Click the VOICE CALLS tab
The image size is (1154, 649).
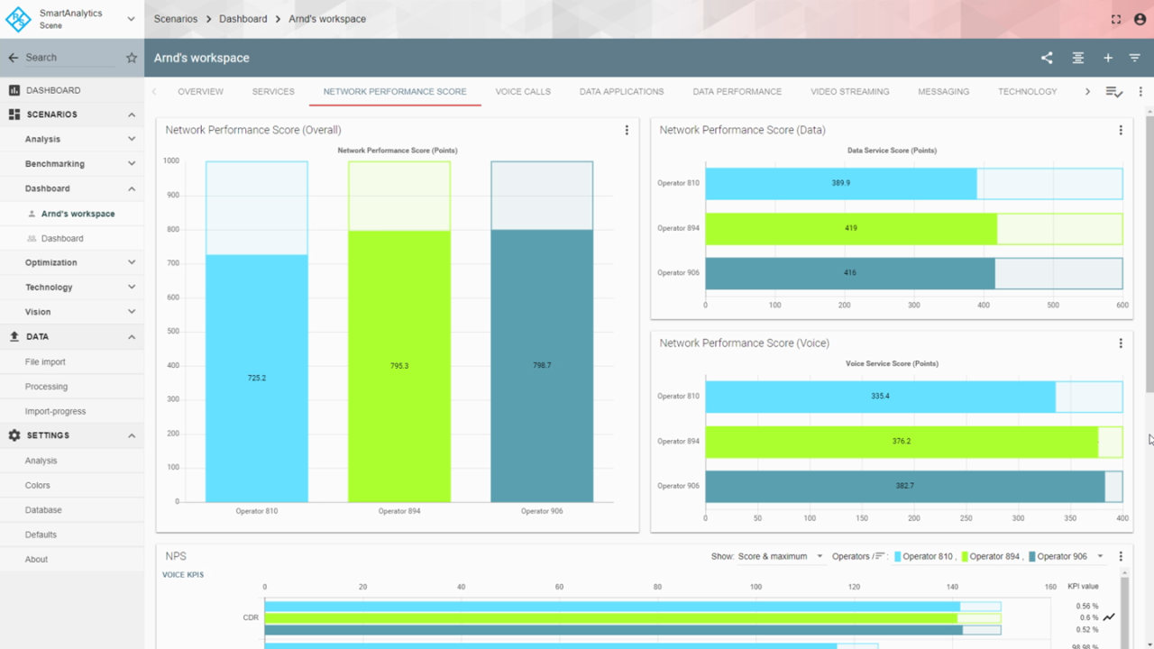point(523,92)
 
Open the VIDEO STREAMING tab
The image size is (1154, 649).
point(849,92)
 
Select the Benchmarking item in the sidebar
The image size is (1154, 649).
point(55,164)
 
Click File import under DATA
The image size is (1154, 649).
point(45,362)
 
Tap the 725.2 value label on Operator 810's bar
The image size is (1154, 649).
point(257,378)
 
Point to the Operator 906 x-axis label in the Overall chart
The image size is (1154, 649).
point(542,511)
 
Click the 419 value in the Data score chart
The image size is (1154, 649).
point(850,229)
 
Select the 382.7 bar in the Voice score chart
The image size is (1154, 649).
point(904,486)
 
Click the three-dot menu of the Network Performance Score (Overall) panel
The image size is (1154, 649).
point(627,131)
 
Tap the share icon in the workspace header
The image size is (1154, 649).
point(1047,58)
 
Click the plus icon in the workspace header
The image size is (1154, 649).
point(1108,58)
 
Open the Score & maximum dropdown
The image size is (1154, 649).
point(780,556)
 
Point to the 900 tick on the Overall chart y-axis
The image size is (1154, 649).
point(171,195)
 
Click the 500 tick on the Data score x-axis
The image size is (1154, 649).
point(1053,306)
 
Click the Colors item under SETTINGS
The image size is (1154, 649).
point(38,486)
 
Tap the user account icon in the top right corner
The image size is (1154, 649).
point(1140,19)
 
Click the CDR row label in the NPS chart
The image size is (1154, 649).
point(251,618)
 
